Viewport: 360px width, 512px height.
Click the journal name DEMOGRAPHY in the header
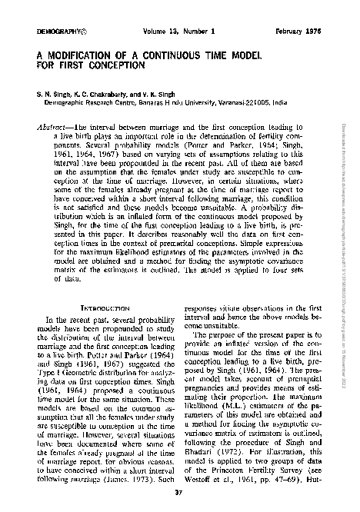(53, 31)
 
